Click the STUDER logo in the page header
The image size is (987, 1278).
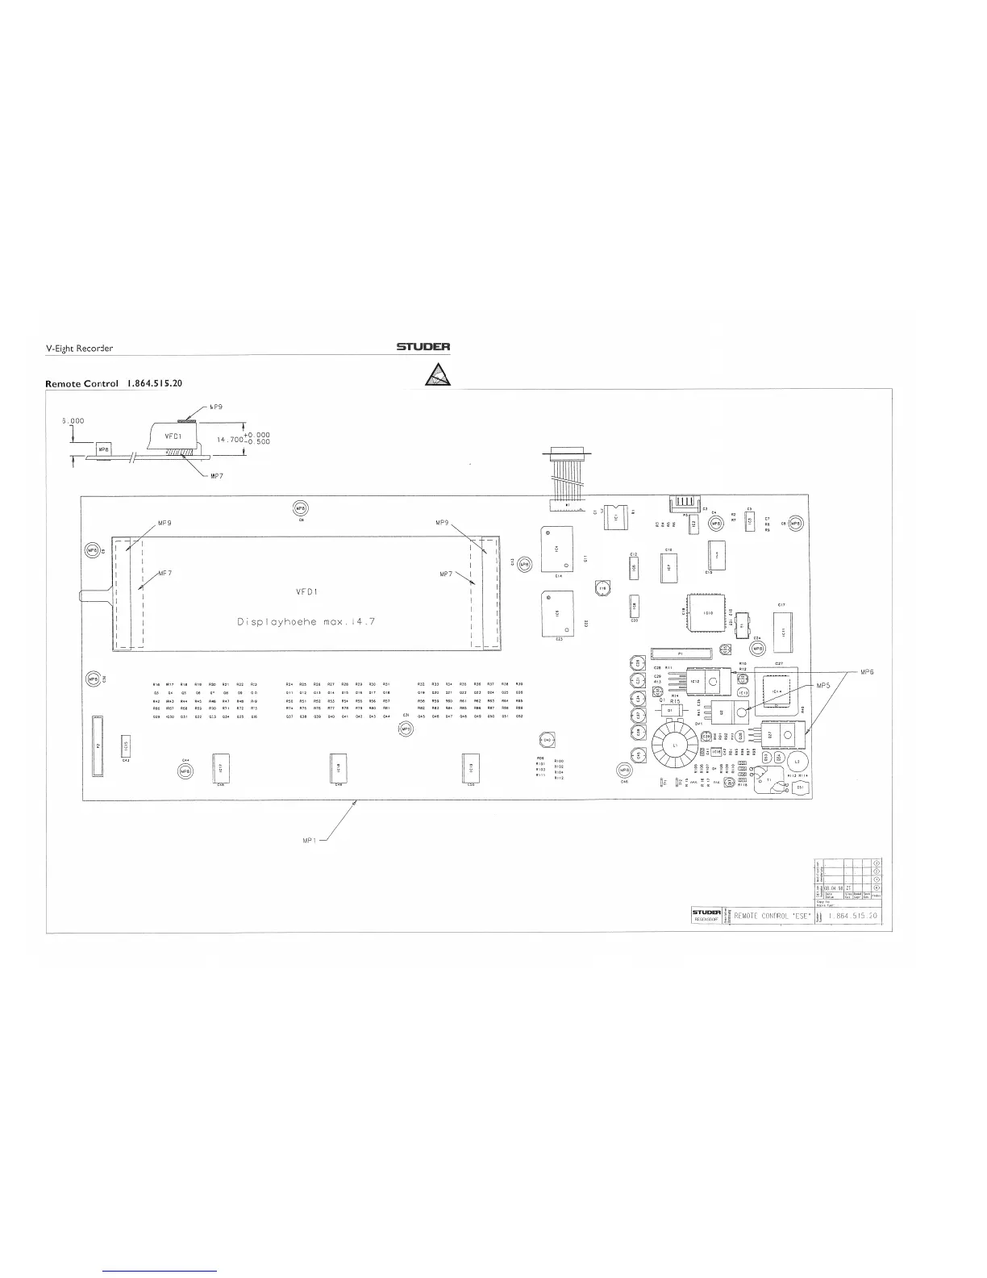(x=423, y=348)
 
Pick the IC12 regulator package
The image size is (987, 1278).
(x=709, y=681)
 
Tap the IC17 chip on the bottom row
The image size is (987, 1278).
(x=220, y=768)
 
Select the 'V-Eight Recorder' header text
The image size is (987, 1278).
(x=79, y=349)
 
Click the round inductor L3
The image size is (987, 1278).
(x=798, y=762)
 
